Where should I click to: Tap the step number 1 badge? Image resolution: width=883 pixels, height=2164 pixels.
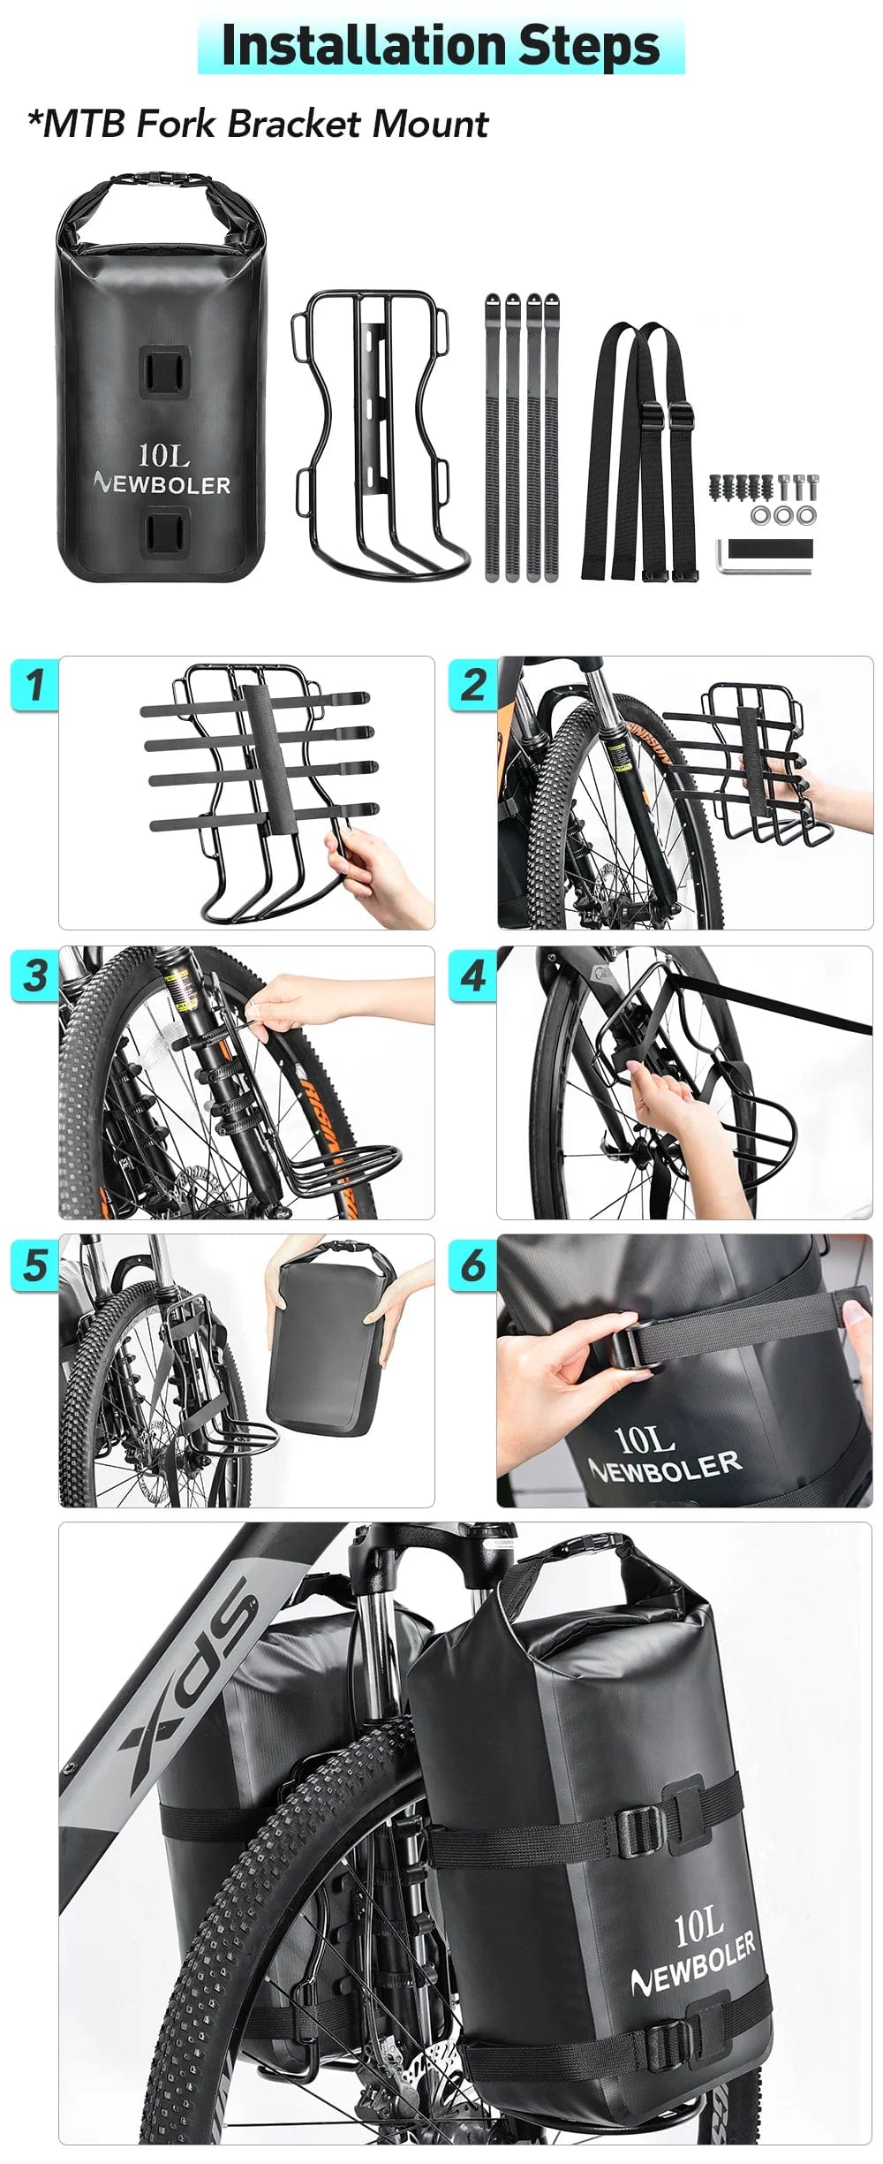click(x=34, y=684)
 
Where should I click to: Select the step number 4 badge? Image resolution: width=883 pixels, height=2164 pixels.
click(x=473, y=975)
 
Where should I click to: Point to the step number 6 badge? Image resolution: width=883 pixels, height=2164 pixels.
click(x=473, y=1264)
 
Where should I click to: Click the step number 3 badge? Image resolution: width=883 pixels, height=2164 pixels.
click(x=34, y=975)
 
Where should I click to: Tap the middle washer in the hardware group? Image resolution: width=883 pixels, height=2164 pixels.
click(x=782, y=514)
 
